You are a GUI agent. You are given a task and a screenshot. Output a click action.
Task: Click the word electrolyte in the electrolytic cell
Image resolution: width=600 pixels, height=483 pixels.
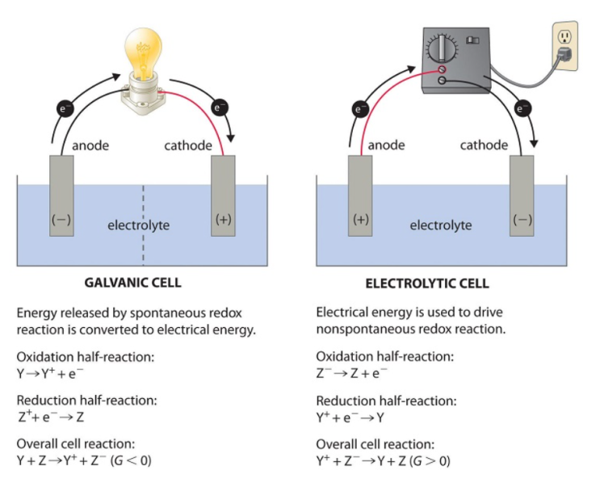click(440, 225)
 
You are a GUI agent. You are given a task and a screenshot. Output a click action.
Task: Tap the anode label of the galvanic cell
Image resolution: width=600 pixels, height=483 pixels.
click(90, 146)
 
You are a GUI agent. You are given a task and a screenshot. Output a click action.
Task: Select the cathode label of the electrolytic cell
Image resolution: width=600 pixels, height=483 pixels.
click(484, 145)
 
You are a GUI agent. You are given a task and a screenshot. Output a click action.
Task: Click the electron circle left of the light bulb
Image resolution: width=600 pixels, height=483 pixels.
click(64, 108)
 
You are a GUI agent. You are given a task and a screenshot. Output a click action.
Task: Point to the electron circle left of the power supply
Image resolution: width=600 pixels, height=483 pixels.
click(362, 108)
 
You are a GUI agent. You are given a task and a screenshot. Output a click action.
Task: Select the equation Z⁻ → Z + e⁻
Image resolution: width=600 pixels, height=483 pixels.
click(351, 374)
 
